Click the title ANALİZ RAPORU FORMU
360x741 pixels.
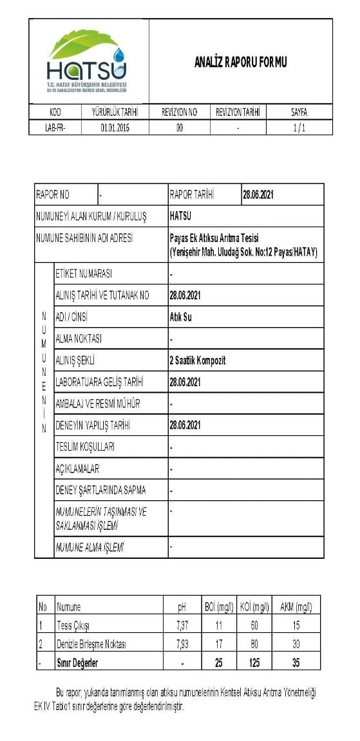240,62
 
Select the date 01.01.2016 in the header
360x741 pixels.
115,127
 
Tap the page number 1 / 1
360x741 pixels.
299,127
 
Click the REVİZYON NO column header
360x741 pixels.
179,112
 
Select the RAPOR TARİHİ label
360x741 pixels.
191,194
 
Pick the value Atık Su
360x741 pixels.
180,317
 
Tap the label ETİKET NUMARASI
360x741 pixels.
84,274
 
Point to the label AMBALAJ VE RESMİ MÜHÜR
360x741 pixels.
98,404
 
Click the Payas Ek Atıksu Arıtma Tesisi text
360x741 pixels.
213,238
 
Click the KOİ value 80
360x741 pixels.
255,644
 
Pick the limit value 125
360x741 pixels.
255,662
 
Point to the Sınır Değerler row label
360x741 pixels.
77,662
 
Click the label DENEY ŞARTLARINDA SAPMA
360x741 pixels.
100,490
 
